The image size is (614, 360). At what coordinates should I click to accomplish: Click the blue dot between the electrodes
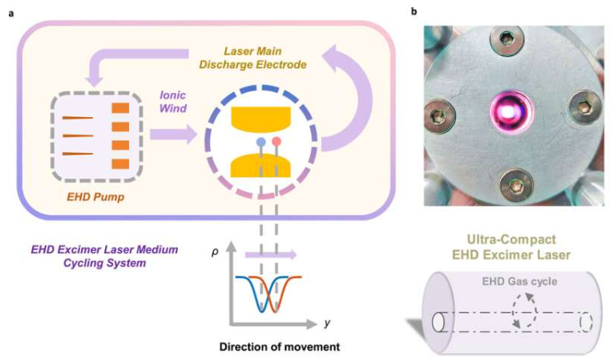pyautogui.click(x=261, y=141)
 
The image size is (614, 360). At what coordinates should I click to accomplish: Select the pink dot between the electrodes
pyautogui.click(x=277, y=141)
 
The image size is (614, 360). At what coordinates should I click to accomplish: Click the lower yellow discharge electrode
pyautogui.click(x=265, y=164)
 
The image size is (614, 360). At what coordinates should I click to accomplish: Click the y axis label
pyautogui.click(x=327, y=324)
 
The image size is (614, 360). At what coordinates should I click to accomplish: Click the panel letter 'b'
pyautogui.click(x=414, y=11)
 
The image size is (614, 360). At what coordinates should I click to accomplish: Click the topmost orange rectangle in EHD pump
pyautogui.click(x=119, y=108)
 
